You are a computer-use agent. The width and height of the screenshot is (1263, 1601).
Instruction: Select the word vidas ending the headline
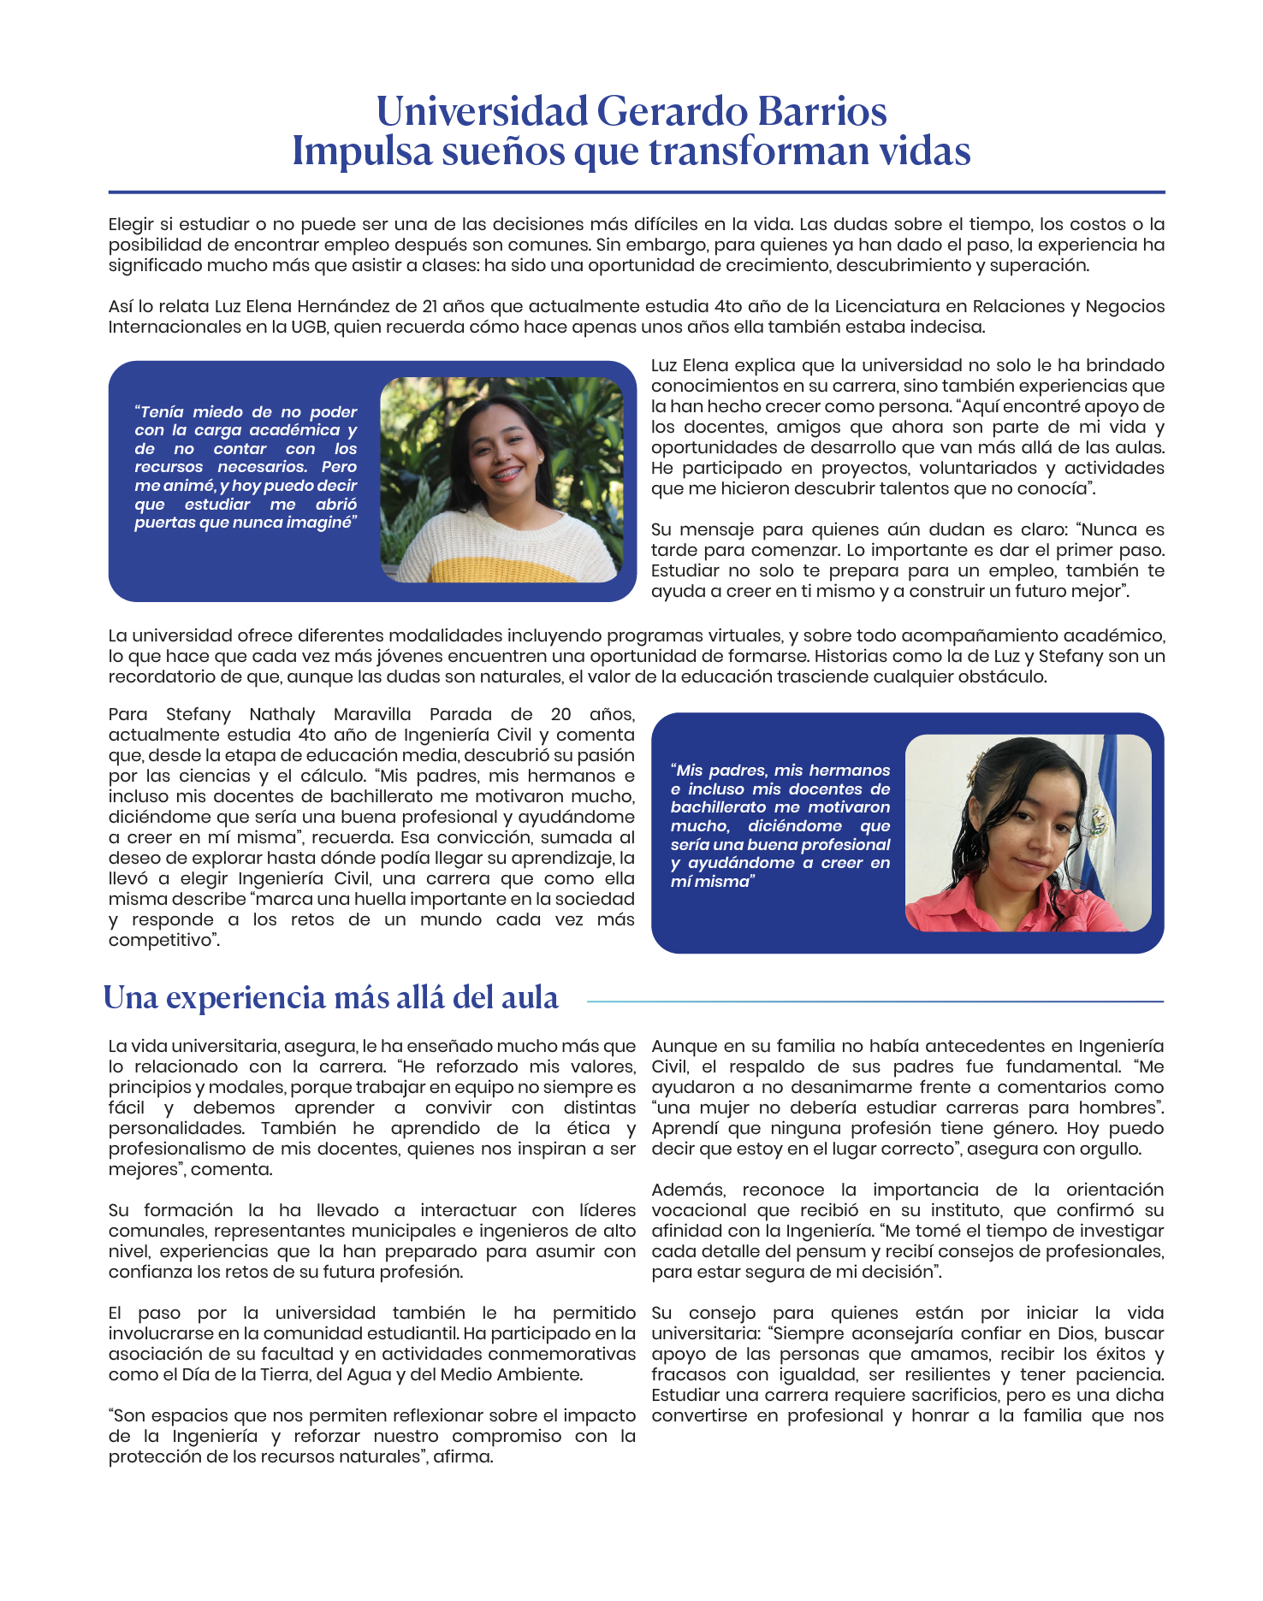tap(924, 151)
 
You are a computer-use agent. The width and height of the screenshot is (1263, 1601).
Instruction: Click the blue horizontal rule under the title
tap(636, 192)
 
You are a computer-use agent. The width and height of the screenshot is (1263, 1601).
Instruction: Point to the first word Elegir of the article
tap(130, 224)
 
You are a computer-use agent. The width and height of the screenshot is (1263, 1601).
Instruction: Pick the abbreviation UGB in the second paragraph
tap(309, 327)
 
